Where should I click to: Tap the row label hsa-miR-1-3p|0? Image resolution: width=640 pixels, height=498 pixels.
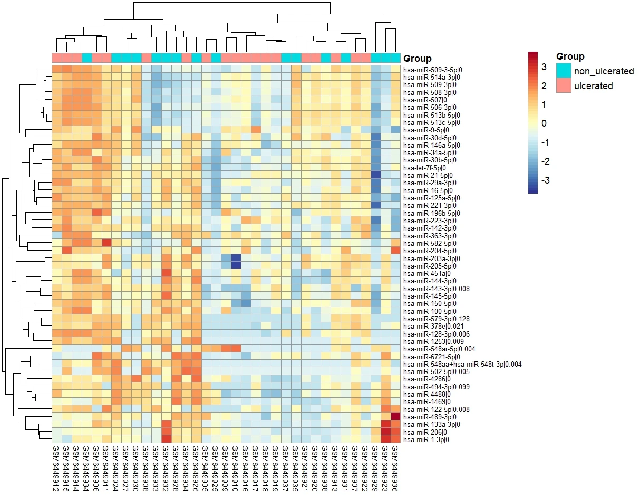[419, 439]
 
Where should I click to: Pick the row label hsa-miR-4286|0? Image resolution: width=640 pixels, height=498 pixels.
[419, 379]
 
